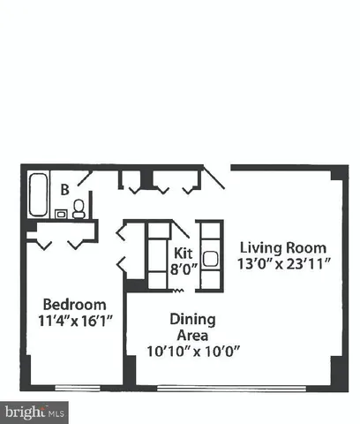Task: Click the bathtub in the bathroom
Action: point(38,194)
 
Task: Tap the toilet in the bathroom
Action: point(79,208)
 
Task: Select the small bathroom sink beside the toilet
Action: point(60,213)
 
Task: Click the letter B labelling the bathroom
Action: point(64,188)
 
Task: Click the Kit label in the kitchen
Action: point(183,252)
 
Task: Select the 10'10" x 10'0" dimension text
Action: point(193,350)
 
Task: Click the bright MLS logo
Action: point(34,411)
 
